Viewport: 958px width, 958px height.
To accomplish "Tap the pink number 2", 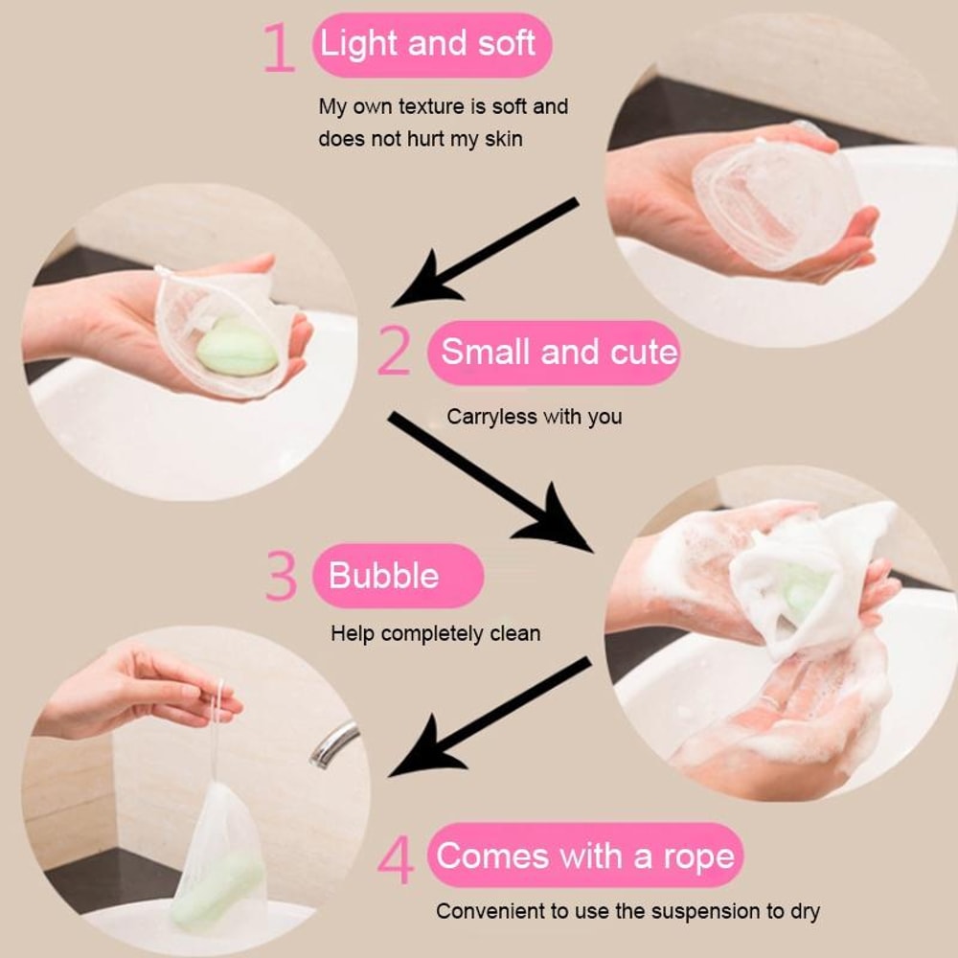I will [x=394, y=353].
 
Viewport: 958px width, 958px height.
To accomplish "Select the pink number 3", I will [x=281, y=576].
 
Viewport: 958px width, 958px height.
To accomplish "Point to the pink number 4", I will [x=395, y=860].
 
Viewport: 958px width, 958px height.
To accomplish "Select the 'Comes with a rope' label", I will [x=585, y=855].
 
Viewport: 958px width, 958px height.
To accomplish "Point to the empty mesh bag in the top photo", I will [x=771, y=201].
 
